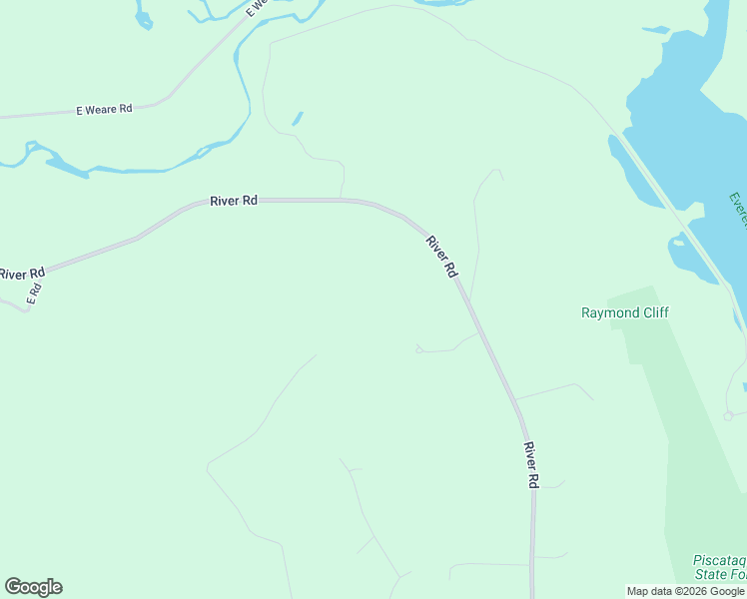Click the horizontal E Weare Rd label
[104, 110]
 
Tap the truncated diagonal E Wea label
[257, 6]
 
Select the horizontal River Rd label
[234, 201]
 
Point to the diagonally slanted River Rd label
[441, 256]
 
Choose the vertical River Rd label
[531, 465]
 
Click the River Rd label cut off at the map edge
[22, 274]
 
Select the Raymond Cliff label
[625, 312]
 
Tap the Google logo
[33, 587]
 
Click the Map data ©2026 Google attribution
[685, 591]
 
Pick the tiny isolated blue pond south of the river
[298, 119]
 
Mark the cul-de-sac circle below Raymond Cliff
[729, 415]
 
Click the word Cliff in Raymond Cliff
[654, 312]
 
